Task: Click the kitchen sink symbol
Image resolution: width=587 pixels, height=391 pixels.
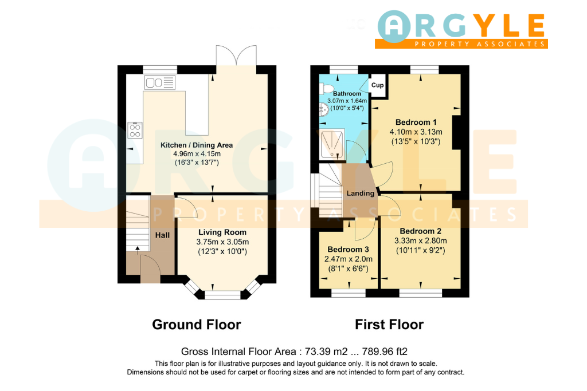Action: (160, 82)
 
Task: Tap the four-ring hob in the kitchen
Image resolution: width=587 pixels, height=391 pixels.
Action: (135, 130)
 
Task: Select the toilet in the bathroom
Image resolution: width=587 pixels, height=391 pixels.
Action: (326, 89)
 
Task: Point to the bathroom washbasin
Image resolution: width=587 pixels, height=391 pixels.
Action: (323, 109)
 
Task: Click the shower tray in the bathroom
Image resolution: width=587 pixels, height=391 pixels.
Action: (332, 145)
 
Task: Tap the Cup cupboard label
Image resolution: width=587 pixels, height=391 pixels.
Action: (377, 85)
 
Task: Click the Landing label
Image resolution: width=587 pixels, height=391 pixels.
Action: (360, 193)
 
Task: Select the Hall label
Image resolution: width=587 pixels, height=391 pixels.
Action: (162, 235)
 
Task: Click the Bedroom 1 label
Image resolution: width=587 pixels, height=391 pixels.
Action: (416, 123)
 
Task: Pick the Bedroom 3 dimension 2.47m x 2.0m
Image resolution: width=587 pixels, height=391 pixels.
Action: (348, 259)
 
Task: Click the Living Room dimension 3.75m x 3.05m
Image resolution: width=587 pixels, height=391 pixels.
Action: (222, 242)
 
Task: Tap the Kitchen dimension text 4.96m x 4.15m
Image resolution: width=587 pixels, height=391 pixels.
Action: (197, 153)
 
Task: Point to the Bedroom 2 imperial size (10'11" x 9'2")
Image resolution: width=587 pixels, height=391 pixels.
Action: (420, 250)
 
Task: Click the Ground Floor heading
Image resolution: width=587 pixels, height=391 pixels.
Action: (197, 325)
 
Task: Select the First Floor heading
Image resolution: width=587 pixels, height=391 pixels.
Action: (389, 325)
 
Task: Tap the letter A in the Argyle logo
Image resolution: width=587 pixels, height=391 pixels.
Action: (394, 26)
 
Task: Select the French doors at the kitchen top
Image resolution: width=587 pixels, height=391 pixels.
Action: (236, 56)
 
